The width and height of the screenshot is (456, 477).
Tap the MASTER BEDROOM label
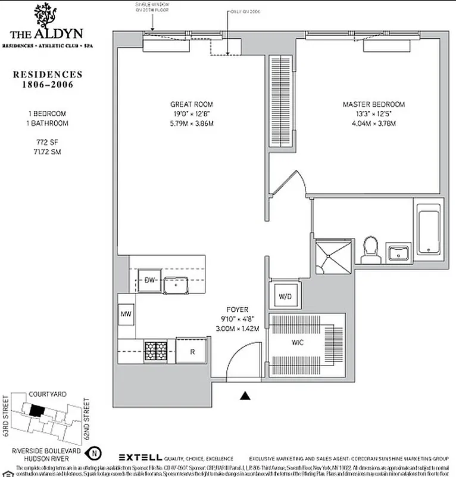click(x=369, y=104)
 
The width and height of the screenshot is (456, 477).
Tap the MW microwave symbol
click(x=126, y=314)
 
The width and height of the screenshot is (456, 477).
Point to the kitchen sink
click(x=176, y=285)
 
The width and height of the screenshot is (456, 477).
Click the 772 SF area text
click(x=40, y=143)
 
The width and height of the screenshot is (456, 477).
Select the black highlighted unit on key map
click(x=37, y=411)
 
